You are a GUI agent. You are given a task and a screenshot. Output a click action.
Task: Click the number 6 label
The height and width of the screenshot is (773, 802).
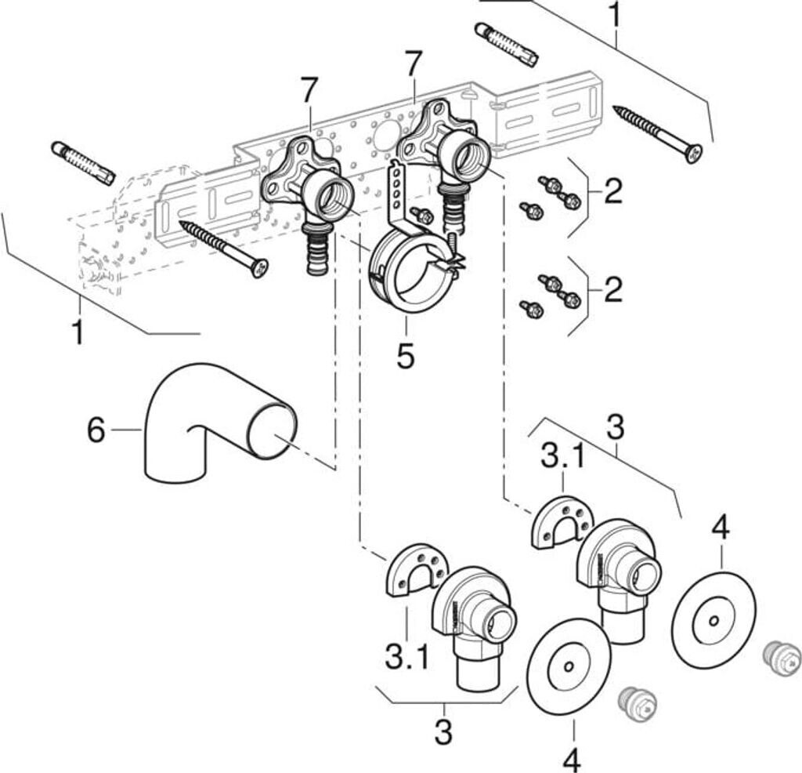[96, 430]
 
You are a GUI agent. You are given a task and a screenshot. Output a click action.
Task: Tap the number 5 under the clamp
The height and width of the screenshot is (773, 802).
[405, 356]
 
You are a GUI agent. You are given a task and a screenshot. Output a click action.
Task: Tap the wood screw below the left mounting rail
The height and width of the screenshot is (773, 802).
[224, 248]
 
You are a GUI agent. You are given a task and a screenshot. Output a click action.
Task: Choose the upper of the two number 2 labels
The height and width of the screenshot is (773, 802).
[612, 191]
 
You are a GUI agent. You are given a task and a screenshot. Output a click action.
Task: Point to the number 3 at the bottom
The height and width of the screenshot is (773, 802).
[444, 732]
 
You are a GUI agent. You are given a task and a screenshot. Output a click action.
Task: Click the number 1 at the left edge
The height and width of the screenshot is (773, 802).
[77, 332]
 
